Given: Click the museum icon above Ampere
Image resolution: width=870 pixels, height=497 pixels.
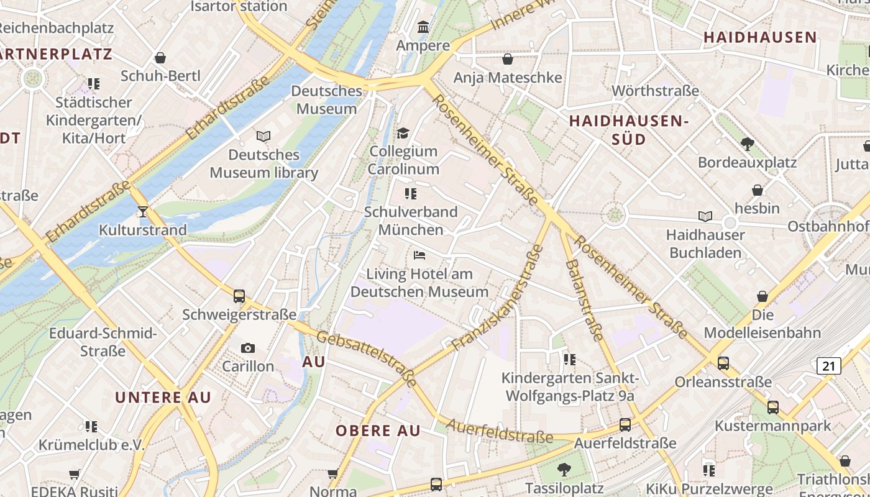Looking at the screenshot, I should [x=423, y=27].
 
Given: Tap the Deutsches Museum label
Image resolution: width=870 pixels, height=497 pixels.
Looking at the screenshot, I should [x=326, y=99].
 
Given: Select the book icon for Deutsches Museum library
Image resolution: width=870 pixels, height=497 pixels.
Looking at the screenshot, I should [x=263, y=136].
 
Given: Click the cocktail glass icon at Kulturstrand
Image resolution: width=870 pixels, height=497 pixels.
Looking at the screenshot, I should [x=143, y=212].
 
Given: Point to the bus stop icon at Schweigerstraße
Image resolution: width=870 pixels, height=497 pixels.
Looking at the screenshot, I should [x=239, y=296].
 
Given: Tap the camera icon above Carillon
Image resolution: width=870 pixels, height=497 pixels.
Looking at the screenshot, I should [x=248, y=348].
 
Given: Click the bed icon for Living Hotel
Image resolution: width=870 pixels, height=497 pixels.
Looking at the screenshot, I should [x=419, y=255].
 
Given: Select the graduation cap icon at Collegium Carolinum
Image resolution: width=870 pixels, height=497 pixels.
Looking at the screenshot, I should [x=403, y=133].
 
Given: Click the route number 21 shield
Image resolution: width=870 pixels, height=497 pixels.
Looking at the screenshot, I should [x=829, y=366].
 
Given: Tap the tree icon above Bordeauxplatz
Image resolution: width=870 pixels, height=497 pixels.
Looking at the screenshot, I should [x=748, y=144].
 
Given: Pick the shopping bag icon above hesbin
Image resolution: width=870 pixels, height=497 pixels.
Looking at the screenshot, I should [x=758, y=189].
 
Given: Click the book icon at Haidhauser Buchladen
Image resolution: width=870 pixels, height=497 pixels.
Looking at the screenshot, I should [x=705, y=216].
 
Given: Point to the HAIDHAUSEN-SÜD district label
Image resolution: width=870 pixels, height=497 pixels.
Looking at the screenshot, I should [x=629, y=129].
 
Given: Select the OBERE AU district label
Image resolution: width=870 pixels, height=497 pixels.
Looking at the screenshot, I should [x=378, y=431].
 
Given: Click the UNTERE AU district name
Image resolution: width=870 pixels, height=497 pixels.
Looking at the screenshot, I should [x=163, y=398].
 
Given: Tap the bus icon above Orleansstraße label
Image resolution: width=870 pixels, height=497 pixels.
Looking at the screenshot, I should [x=723, y=363].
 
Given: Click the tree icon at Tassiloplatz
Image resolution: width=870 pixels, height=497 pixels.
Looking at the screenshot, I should [x=564, y=469].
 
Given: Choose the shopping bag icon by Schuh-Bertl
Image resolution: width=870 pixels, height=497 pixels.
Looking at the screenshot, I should [x=160, y=58].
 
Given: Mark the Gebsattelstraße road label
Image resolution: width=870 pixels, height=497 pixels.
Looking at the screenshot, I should [x=367, y=359].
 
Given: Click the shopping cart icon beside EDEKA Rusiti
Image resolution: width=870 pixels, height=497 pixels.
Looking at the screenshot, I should [x=75, y=475].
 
